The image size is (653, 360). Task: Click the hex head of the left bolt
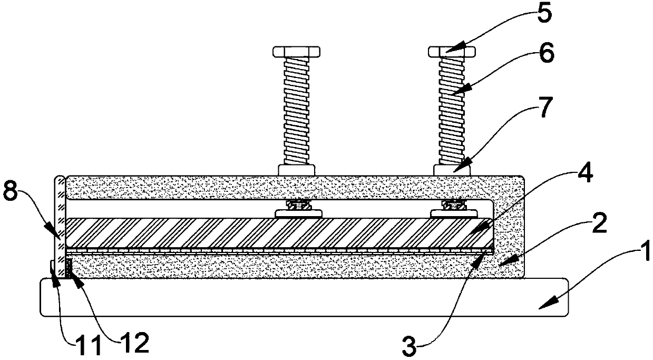(x=297, y=52)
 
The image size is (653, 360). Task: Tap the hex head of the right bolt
(x=453, y=52)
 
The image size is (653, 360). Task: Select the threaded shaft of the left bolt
(x=297, y=111)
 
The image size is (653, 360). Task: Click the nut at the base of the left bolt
(x=297, y=170)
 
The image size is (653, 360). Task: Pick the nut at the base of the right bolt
(x=453, y=170)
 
